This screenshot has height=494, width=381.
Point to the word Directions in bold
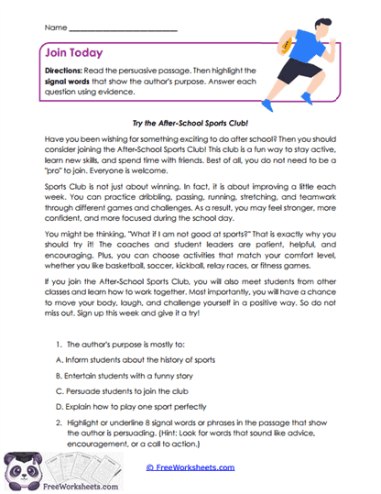pyautogui.click(x=65, y=71)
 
